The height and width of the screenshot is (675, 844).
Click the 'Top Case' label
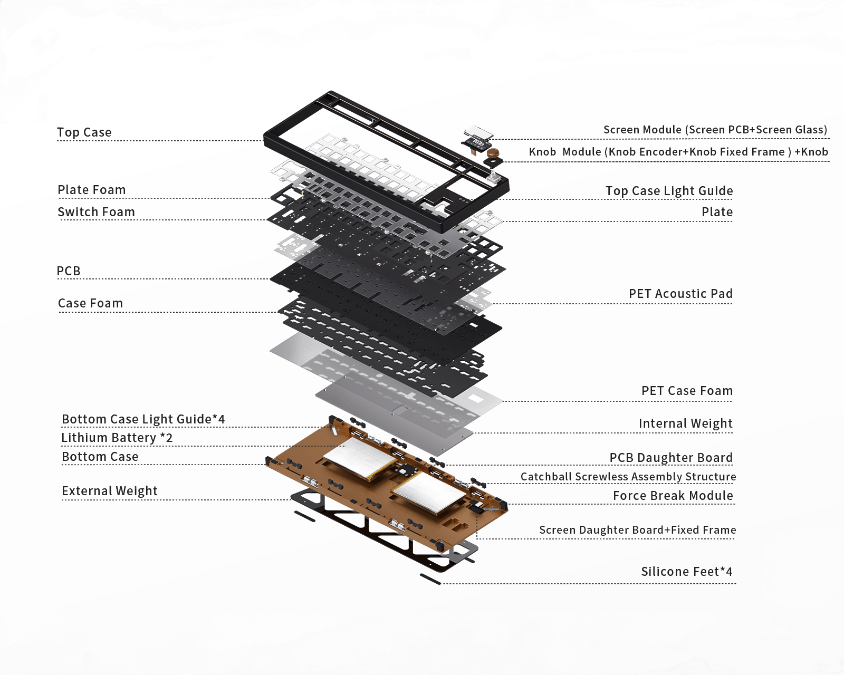pyautogui.click(x=84, y=132)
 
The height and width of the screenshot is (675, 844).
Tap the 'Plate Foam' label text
pyautogui.click(x=92, y=190)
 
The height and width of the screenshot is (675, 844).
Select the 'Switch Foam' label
pyautogui.click(x=96, y=212)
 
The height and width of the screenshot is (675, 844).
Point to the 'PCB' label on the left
pyautogui.click(x=69, y=271)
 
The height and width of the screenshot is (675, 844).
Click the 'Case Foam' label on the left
pyautogui.click(x=90, y=303)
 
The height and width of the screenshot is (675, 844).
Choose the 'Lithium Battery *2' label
pyautogui.click(x=117, y=438)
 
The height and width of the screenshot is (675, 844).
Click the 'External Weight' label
pyautogui.click(x=109, y=491)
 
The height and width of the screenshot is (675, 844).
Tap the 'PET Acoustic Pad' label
pyautogui.click(x=680, y=294)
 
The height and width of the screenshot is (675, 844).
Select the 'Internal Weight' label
pyautogui.click(x=685, y=423)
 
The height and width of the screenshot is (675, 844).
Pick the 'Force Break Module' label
pyautogui.click(x=673, y=496)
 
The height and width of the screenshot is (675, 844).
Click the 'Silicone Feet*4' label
pyautogui.click(x=686, y=572)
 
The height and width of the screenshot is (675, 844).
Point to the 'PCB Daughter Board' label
pyautogui.click(x=671, y=458)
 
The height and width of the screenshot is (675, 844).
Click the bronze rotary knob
pyautogui.click(x=493, y=153)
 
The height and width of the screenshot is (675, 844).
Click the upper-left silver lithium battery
pyautogui.click(x=360, y=457)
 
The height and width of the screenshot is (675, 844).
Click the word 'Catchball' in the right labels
pyautogui.click(x=546, y=477)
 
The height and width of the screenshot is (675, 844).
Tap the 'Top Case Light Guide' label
pyautogui.click(x=669, y=191)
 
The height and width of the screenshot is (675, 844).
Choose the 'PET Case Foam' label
pyautogui.click(x=687, y=391)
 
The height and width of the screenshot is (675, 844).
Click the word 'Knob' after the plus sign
pyautogui.click(x=814, y=152)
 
